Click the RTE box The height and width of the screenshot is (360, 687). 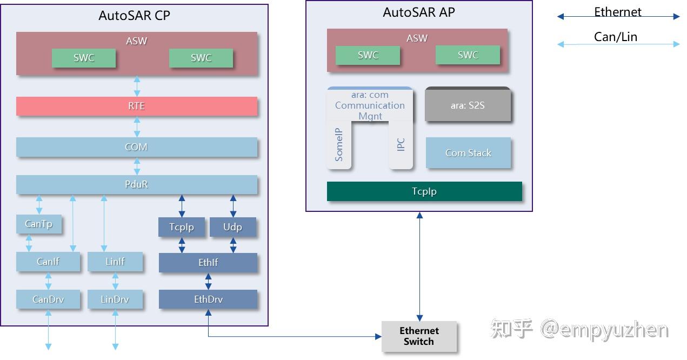(x=136, y=106)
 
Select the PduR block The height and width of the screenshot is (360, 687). (x=136, y=184)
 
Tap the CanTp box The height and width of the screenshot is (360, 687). (x=38, y=224)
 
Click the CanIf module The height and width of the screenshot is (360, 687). (x=48, y=262)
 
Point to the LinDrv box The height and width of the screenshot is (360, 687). (x=115, y=299)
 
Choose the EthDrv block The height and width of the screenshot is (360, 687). (x=208, y=299)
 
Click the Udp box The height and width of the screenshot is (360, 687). (x=232, y=227)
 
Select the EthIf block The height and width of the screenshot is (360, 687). (x=208, y=263)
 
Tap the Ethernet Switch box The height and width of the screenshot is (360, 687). (x=419, y=336)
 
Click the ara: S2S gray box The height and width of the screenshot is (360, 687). (x=468, y=105)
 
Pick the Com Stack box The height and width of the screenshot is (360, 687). (x=468, y=153)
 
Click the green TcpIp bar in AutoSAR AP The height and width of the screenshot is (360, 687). (x=424, y=191)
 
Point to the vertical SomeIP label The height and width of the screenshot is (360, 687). (x=339, y=145)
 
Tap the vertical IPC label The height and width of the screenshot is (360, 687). (x=401, y=145)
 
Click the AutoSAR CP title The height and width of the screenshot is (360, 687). (x=134, y=16)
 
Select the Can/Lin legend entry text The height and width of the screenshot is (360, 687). (x=616, y=37)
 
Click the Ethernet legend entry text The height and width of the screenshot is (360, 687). (x=618, y=12)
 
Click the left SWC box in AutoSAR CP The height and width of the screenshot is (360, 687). (x=84, y=58)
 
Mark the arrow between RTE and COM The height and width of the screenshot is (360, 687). (x=137, y=126)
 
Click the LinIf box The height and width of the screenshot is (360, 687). (x=115, y=262)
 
